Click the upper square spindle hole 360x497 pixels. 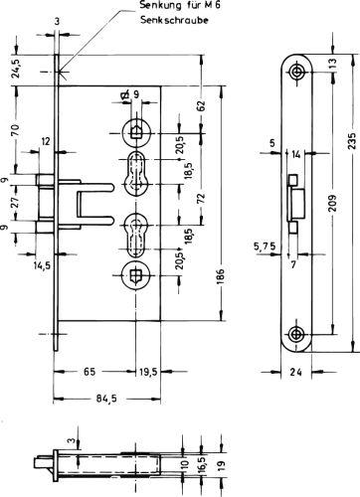tap(137, 128)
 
